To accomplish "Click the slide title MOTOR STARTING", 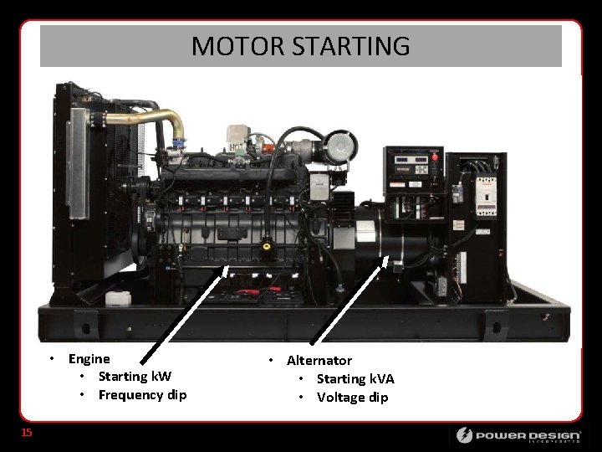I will tap(300, 45).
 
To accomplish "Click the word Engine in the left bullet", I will tap(89, 359).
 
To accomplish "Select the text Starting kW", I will tap(135, 377).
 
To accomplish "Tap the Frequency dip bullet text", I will tap(142, 395).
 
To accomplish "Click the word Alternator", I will tap(319, 361).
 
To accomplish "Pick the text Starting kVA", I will tap(355, 379).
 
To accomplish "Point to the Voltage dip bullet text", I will tap(352, 398).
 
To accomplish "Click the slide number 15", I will tap(27, 433).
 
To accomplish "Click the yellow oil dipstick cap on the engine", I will tap(267, 247).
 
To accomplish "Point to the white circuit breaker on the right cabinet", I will tap(485, 200).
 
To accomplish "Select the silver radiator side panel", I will tap(78, 163).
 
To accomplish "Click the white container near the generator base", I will tap(118, 298).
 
